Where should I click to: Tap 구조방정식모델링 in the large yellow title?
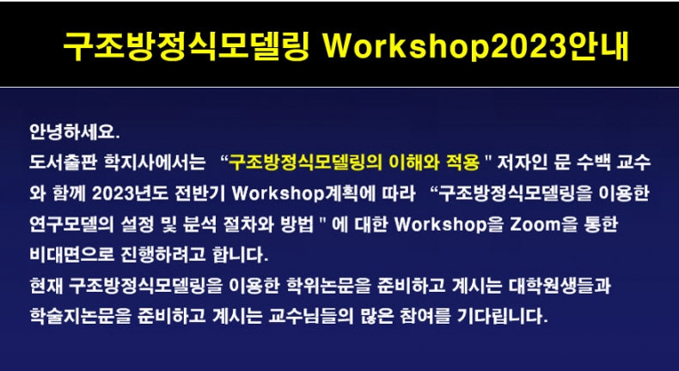tap(187, 46)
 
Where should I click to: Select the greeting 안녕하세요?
tap(75, 132)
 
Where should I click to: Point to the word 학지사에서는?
tap(155, 163)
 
